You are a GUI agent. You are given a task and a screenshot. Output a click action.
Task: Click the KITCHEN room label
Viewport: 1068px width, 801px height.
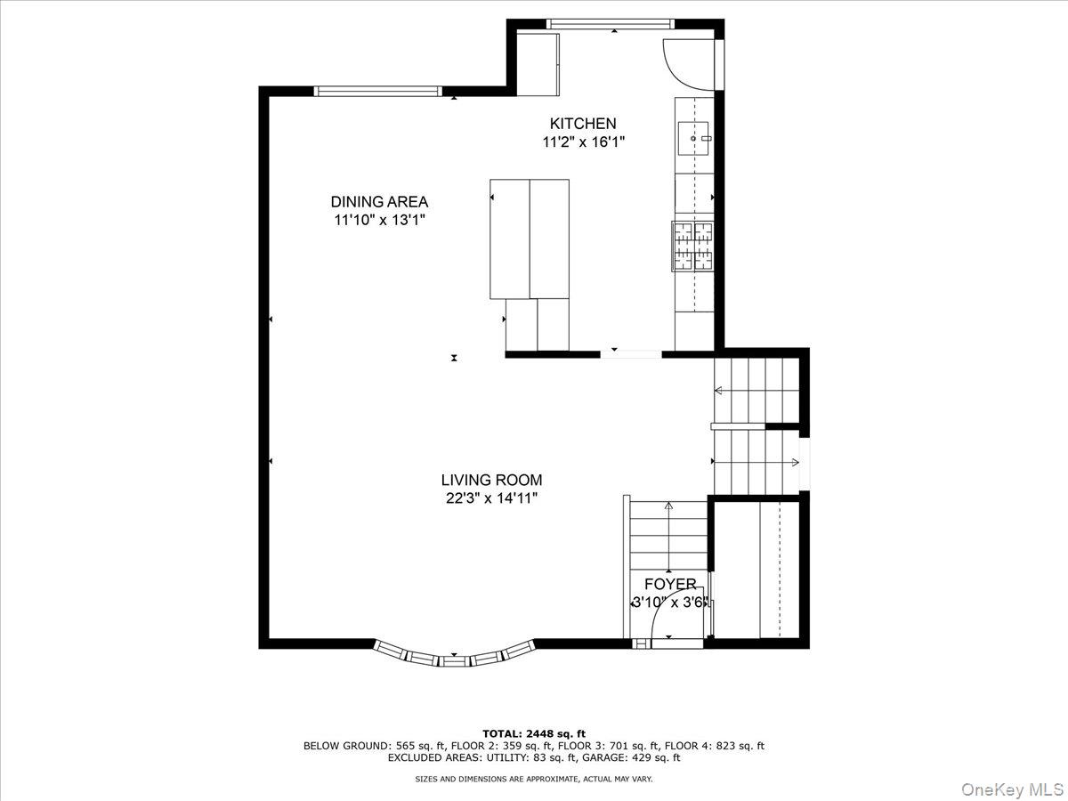pyautogui.click(x=582, y=124)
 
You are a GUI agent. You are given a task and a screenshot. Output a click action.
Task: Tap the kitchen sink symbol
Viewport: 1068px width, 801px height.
pyautogui.click(x=695, y=138)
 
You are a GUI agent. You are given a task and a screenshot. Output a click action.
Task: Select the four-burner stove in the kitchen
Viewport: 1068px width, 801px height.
pyautogui.click(x=694, y=245)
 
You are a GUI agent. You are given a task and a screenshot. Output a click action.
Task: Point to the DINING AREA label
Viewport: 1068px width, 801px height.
pyautogui.click(x=379, y=202)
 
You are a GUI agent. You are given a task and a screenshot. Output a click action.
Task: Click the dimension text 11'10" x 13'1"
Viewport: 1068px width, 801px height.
pyautogui.click(x=379, y=221)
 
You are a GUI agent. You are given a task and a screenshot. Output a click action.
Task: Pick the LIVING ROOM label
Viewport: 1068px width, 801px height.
pyautogui.click(x=491, y=481)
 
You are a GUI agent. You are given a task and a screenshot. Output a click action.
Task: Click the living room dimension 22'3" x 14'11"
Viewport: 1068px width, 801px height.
pyautogui.click(x=491, y=499)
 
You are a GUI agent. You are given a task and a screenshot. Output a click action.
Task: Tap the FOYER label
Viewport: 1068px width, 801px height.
pyautogui.click(x=670, y=584)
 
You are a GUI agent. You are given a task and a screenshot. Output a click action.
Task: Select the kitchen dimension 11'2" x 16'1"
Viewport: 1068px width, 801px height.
pyautogui.click(x=582, y=142)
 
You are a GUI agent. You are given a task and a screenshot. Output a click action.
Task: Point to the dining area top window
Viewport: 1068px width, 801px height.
pyautogui.click(x=378, y=90)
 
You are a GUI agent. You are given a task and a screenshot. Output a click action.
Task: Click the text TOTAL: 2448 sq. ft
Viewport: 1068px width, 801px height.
pyautogui.click(x=533, y=733)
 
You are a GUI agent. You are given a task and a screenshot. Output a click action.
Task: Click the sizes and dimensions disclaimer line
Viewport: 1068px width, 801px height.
pyautogui.click(x=533, y=780)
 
